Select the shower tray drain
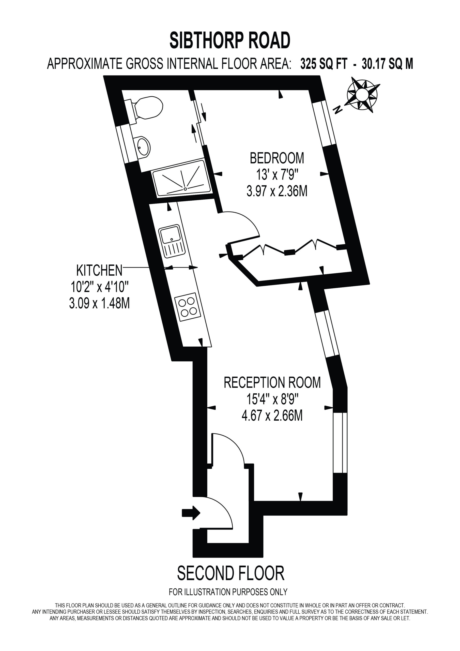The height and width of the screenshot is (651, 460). tap(185, 188)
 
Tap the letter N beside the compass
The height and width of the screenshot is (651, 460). tap(338, 109)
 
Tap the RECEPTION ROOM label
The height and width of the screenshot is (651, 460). tap(272, 382)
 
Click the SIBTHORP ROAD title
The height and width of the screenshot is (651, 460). tap(230, 40)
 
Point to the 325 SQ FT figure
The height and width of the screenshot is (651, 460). tap(323, 64)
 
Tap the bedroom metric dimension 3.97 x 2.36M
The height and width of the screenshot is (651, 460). tap(277, 192)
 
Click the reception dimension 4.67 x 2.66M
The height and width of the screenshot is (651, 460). tap(272, 416)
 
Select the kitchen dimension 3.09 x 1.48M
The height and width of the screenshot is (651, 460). tap(99, 304)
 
